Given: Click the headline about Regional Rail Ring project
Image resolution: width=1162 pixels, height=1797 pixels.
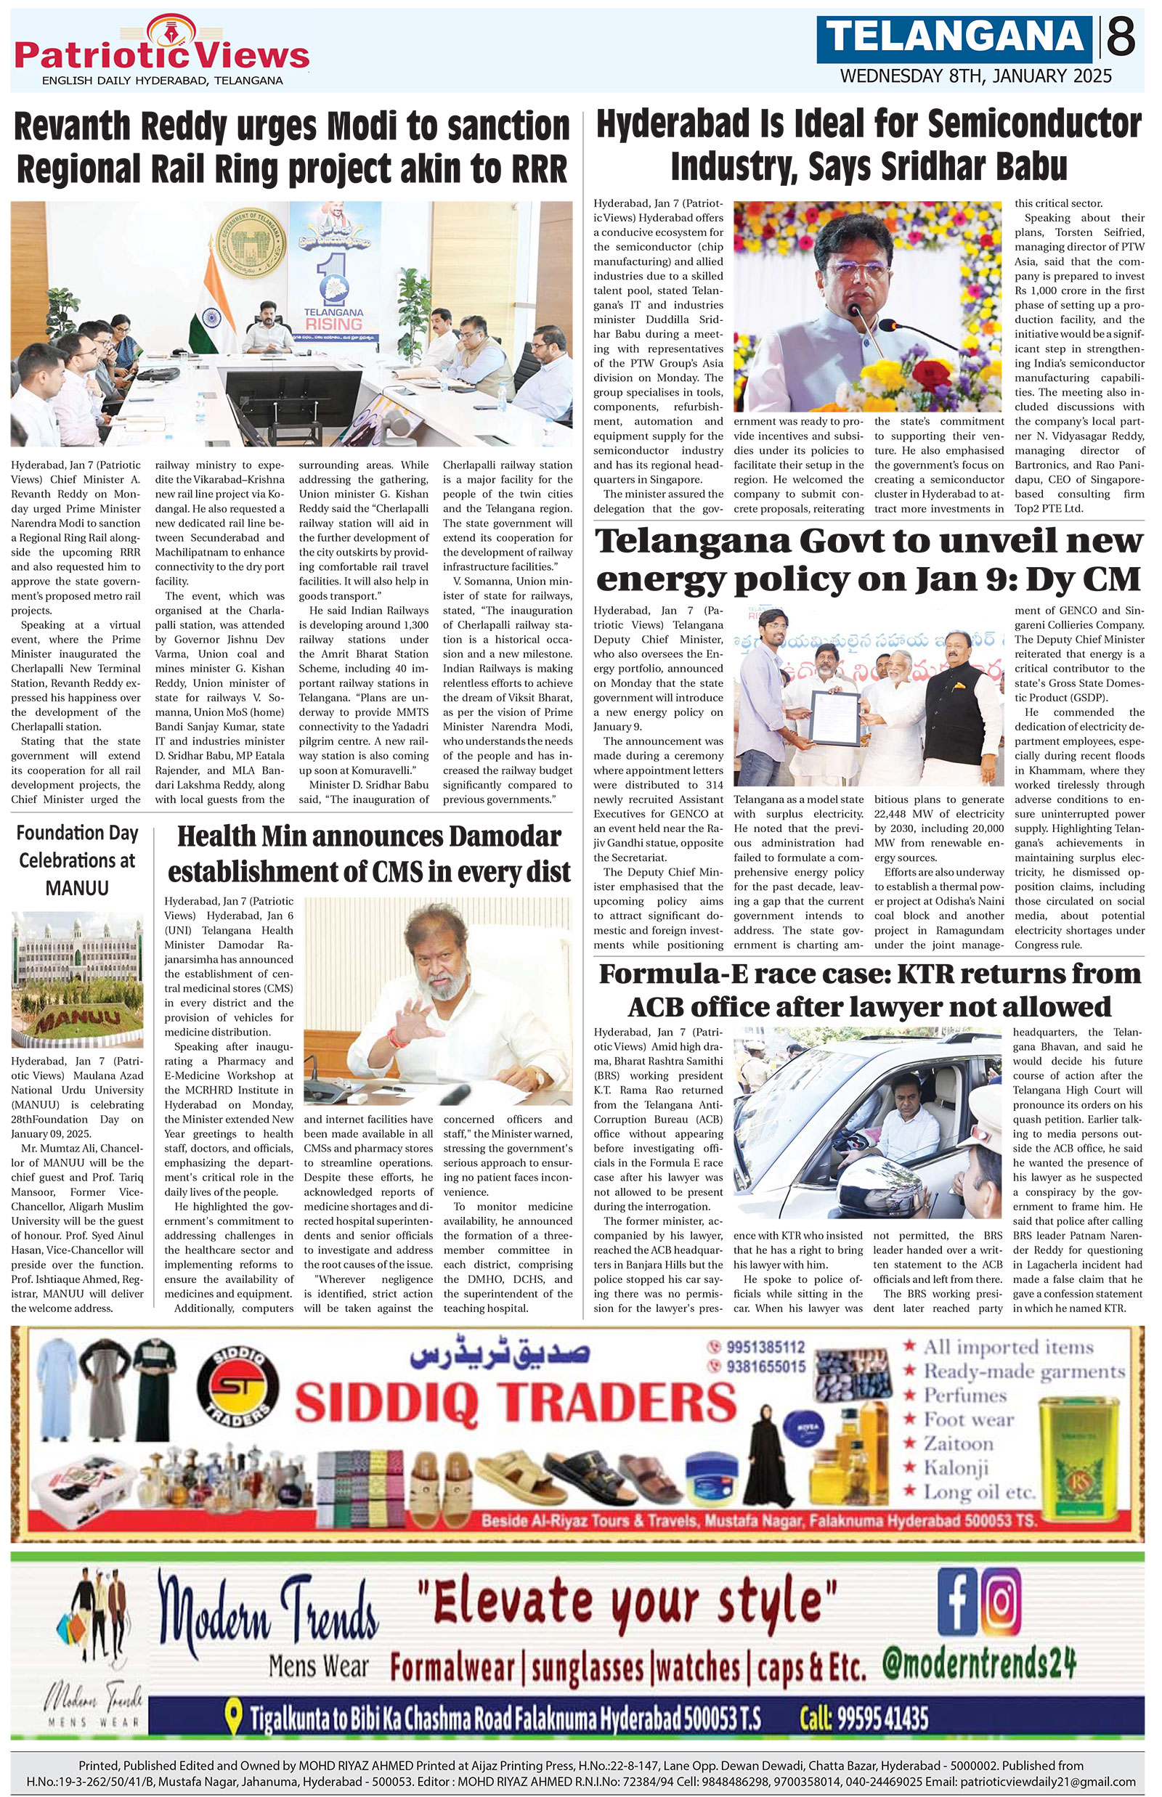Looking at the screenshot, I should (x=291, y=147).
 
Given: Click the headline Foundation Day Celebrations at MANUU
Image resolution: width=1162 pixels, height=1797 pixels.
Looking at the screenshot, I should (x=77, y=860).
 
